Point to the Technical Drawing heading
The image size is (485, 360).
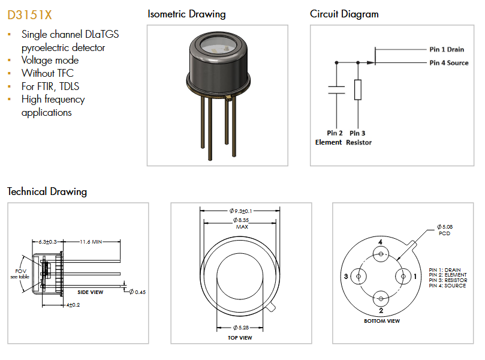47,192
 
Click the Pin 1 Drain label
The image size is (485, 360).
447,49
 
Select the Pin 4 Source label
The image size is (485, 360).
448,62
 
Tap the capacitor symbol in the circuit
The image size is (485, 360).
336,90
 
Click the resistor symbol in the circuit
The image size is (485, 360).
358,90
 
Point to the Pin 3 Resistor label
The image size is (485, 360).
358,137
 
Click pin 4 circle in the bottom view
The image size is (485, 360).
380,255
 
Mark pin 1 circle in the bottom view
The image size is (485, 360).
402,277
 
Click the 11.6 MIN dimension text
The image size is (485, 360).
91,241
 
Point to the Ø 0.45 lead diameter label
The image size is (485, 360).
137,292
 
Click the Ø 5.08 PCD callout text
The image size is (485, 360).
444,230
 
